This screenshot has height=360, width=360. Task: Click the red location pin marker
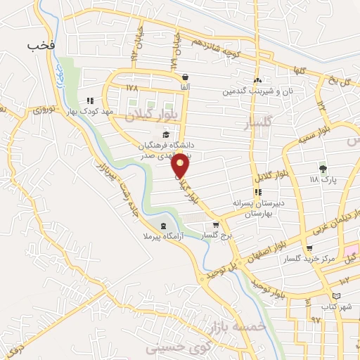[x=181, y=165]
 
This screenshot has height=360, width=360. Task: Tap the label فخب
[x=40, y=46]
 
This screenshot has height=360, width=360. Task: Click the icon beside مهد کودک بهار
[x=90, y=100]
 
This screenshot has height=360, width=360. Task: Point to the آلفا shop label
[x=184, y=86]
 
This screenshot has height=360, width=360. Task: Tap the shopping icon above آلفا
[x=184, y=77]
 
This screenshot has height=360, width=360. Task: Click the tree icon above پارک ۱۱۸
[x=323, y=168]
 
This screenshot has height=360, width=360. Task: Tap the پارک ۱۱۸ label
[x=323, y=179]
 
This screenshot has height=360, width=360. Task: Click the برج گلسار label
[x=216, y=235]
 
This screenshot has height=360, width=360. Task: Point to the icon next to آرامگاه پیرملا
[x=164, y=226]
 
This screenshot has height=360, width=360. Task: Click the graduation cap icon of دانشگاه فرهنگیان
[x=166, y=135]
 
